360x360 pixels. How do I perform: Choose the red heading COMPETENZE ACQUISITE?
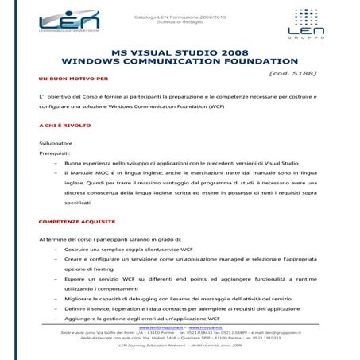tap(76, 221)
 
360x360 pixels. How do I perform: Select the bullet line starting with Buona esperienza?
tap(191, 170)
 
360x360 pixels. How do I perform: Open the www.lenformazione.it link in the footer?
tap(161, 327)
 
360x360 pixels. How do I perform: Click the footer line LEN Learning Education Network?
tap(180, 346)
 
